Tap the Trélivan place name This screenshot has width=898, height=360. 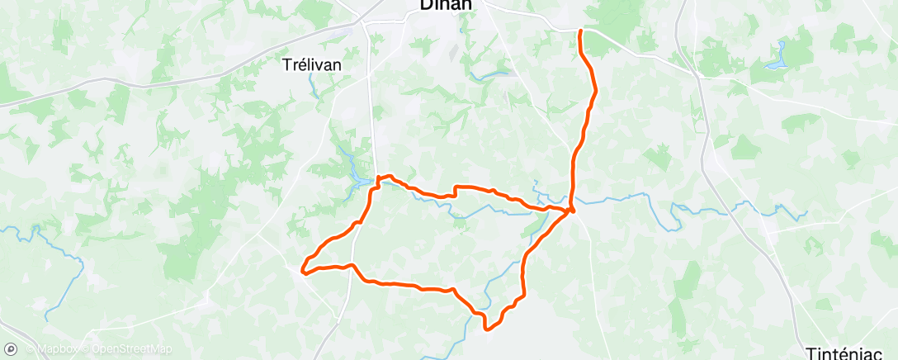coord(313,64)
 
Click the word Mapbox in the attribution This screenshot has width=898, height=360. coord(63,349)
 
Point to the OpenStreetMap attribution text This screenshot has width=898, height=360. coord(131,349)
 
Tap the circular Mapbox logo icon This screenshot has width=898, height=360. coord(11,348)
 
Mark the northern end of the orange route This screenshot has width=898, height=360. coord(581,31)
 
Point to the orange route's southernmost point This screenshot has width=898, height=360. coord(487,329)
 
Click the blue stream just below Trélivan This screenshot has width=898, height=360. coord(314,85)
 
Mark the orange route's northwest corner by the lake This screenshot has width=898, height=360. coord(379,178)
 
